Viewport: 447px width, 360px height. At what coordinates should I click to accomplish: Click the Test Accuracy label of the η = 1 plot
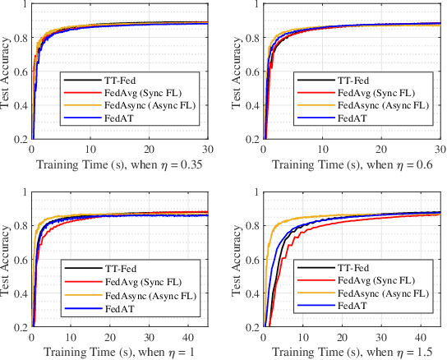pos(8,259)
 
